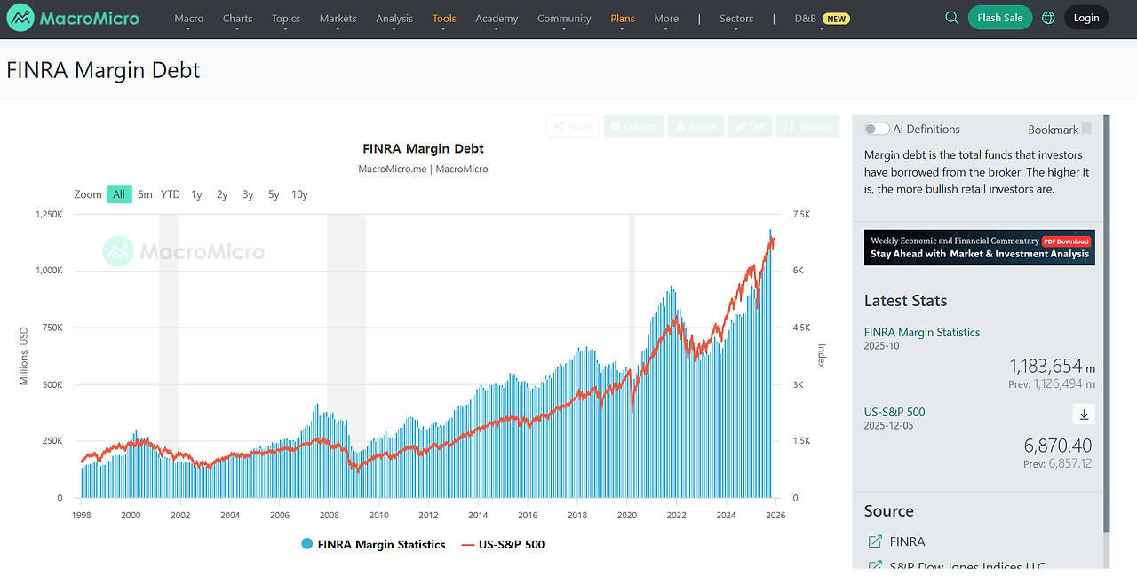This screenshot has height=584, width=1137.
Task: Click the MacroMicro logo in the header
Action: point(73,18)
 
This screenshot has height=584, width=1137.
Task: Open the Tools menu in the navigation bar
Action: point(444,18)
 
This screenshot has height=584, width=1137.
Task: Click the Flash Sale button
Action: point(999,18)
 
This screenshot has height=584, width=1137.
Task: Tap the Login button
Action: point(1085,18)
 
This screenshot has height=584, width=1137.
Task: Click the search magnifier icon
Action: point(951,18)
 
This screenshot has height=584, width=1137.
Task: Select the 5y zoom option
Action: point(274,194)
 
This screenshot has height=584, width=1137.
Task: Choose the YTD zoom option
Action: point(171,194)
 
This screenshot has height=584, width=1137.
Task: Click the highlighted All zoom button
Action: point(119,194)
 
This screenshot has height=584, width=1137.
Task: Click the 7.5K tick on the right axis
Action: point(801,214)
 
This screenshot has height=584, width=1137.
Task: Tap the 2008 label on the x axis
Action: point(329,515)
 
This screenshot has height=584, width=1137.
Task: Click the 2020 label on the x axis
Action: point(626,515)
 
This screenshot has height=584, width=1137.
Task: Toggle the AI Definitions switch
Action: point(877,130)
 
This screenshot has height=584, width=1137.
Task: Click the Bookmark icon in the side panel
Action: point(1085,130)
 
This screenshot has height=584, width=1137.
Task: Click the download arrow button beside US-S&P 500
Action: point(1083,414)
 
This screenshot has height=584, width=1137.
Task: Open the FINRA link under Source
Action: point(906,541)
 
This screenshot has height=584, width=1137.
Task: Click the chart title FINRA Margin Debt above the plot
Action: point(423,148)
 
